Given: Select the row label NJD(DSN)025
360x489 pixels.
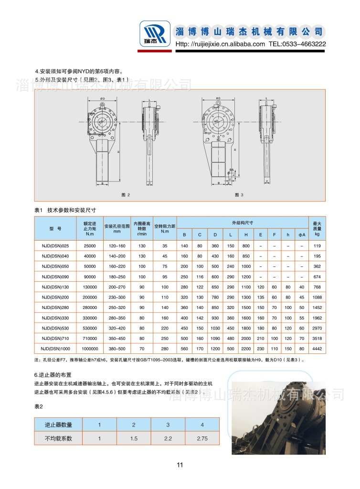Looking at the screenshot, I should click(55, 246).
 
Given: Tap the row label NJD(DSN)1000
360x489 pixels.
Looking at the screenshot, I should click(55, 349).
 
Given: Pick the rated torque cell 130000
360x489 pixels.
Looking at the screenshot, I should click(90, 287).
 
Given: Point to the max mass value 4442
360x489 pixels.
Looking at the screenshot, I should click(316, 349).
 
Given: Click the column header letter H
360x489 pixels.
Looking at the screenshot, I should click(245, 234).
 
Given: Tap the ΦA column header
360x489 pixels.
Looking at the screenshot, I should click(302, 234).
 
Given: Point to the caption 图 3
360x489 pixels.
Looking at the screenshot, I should click(239, 195).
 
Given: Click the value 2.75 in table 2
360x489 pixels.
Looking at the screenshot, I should click(202, 438).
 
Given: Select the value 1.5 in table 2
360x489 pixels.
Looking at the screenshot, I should click(134, 438).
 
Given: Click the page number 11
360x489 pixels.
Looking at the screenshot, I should click(180, 465).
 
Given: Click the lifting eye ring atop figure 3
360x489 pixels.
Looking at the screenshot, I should click(218, 101).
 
